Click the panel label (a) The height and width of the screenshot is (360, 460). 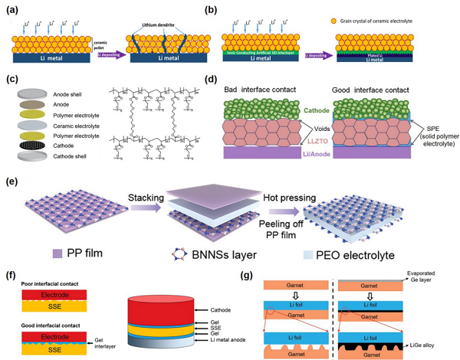[x=13, y=9]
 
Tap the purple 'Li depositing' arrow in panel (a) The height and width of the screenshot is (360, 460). [x=112, y=57]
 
